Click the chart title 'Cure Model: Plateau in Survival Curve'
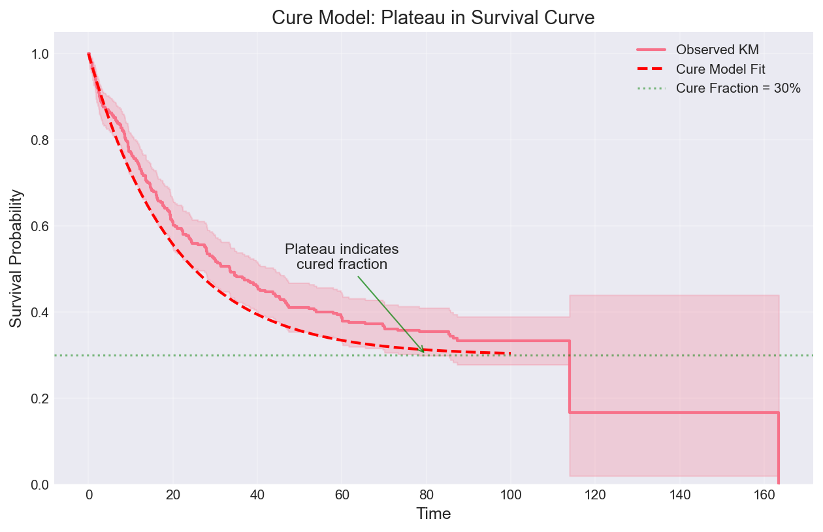(x=433, y=18)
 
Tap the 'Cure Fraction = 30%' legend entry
(x=738, y=89)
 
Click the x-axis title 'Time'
(x=434, y=514)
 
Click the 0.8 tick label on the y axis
(x=40, y=140)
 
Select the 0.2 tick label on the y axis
(x=40, y=399)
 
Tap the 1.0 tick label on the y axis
(x=40, y=54)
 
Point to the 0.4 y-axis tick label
(x=40, y=313)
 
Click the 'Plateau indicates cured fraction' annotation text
(x=342, y=257)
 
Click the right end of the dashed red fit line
(x=510, y=353)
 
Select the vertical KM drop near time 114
(x=570, y=377)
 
